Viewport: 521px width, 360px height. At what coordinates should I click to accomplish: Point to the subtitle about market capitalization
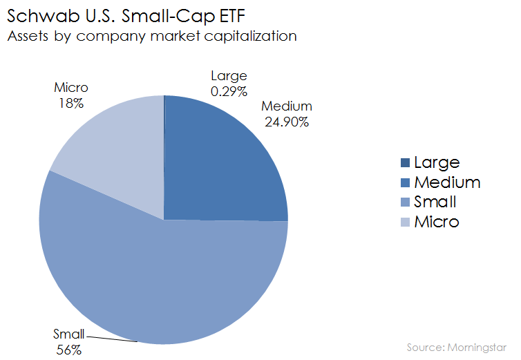(x=151, y=36)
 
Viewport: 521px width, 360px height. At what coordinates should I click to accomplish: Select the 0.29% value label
(x=229, y=91)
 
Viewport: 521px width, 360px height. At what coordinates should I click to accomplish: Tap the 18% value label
(x=70, y=103)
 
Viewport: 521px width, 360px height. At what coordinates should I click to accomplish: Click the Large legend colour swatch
(x=404, y=163)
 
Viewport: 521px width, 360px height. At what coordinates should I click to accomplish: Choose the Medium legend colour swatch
(x=404, y=183)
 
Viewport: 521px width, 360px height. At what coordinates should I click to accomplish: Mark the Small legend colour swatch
(x=404, y=202)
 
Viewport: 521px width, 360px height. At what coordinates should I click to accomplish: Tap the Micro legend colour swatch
(x=404, y=222)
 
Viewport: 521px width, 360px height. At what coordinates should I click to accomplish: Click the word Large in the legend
(x=436, y=163)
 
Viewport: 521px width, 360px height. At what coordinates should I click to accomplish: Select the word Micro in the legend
(x=436, y=222)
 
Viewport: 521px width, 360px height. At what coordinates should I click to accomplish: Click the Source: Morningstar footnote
(x=455, y=345)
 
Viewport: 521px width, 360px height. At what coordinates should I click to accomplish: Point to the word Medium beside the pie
(x=287, y=106)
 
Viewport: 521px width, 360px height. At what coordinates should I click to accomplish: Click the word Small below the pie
(x=68, y=335)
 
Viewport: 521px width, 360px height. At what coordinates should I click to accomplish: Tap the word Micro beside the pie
(x=70, y=88)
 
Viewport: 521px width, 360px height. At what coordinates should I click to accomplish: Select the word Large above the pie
(x=229, y=77)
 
